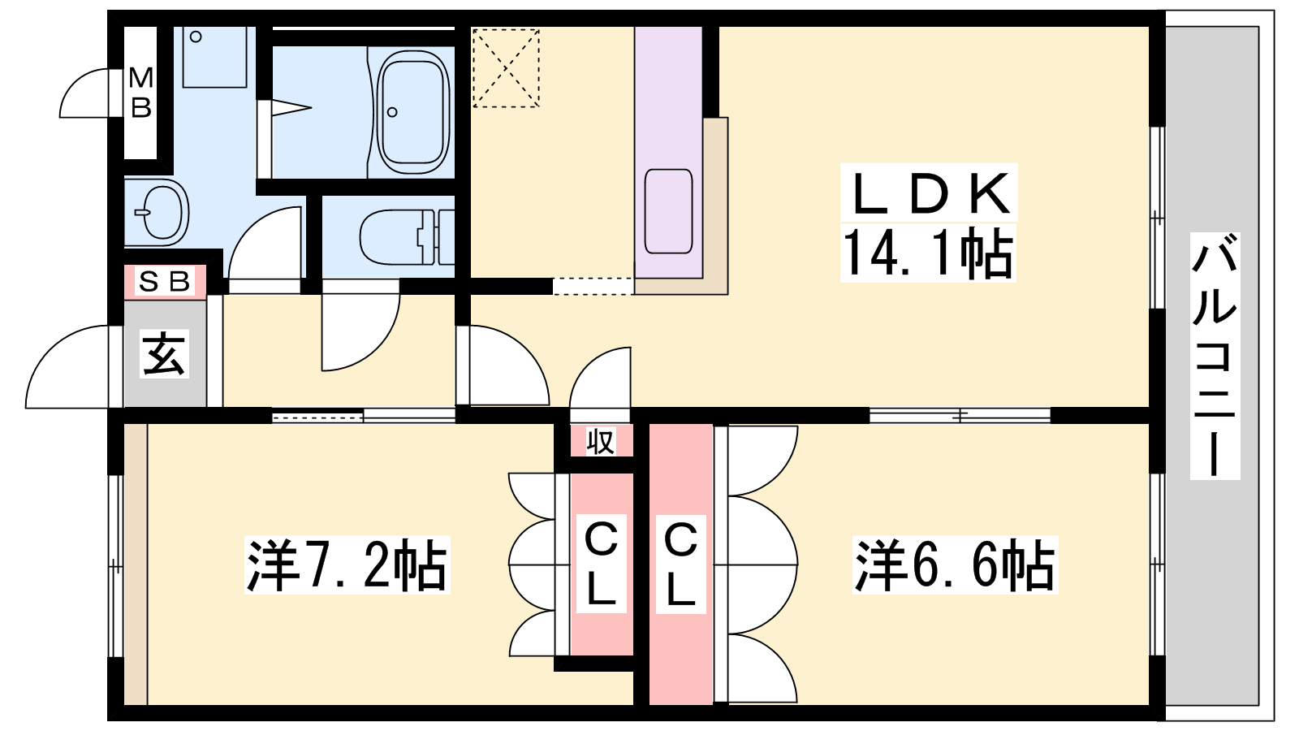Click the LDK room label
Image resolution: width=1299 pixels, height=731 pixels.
pos(929,194)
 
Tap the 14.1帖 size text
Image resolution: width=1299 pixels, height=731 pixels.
pos(927,253)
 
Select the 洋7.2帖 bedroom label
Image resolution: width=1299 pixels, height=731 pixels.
pos(347,564)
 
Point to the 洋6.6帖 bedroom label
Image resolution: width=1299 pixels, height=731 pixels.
pos(955,564)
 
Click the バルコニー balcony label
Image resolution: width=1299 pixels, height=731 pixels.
pos(1215,356)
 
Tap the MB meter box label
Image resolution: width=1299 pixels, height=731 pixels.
pos(141,93)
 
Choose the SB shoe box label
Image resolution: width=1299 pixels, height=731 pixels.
pos(165,282)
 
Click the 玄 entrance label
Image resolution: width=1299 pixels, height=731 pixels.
pos(164,354)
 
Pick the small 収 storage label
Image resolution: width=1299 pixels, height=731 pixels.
pos(600,442)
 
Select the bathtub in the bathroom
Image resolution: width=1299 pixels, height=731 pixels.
pos(413,112)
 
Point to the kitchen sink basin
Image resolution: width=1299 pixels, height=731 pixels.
pos(669,212)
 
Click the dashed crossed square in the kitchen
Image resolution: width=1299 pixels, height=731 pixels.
pos(507,68)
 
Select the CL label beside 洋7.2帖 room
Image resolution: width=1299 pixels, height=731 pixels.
pos(601,564)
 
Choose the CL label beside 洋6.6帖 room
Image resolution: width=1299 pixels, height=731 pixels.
pos(680,564)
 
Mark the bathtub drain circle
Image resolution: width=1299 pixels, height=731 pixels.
pos(393,112)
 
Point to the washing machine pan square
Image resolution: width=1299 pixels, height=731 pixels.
pos(214,57)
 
